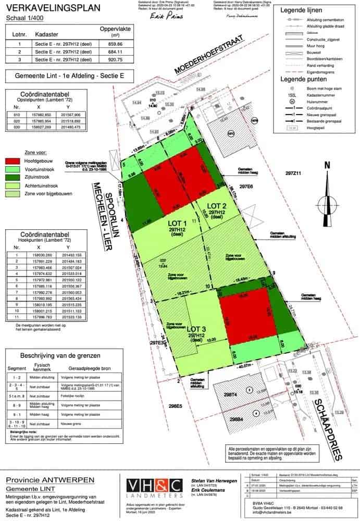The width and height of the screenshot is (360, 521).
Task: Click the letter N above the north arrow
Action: [327, 165]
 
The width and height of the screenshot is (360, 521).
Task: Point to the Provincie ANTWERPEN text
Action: [50, 480]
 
